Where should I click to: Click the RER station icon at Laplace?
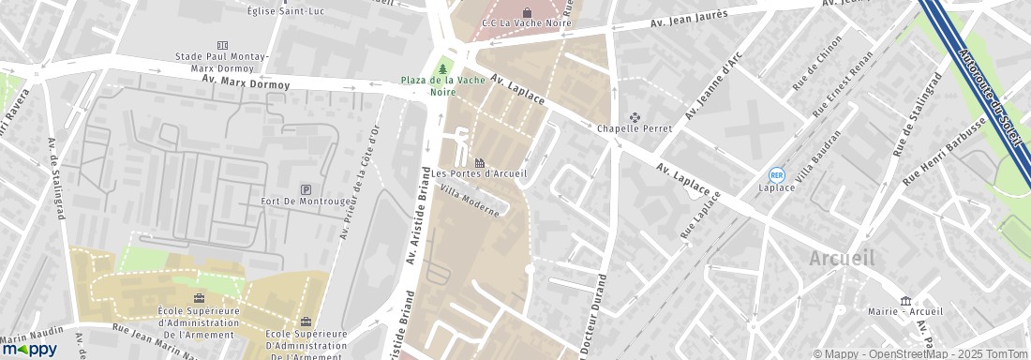(776, 174)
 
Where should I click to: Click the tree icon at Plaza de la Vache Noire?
(442, 68)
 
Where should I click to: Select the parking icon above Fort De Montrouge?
(306, 189)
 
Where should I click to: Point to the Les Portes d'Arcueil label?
(480, 172)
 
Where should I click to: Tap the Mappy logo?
(29, 349)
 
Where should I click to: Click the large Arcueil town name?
(843, 259)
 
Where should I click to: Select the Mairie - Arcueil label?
(904, 312)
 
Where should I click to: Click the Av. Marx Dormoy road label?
(246, 82)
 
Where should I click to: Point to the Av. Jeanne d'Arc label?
(709, 95)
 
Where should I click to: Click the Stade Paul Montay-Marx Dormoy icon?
(222, 44)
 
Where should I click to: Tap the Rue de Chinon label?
(818, 64)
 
